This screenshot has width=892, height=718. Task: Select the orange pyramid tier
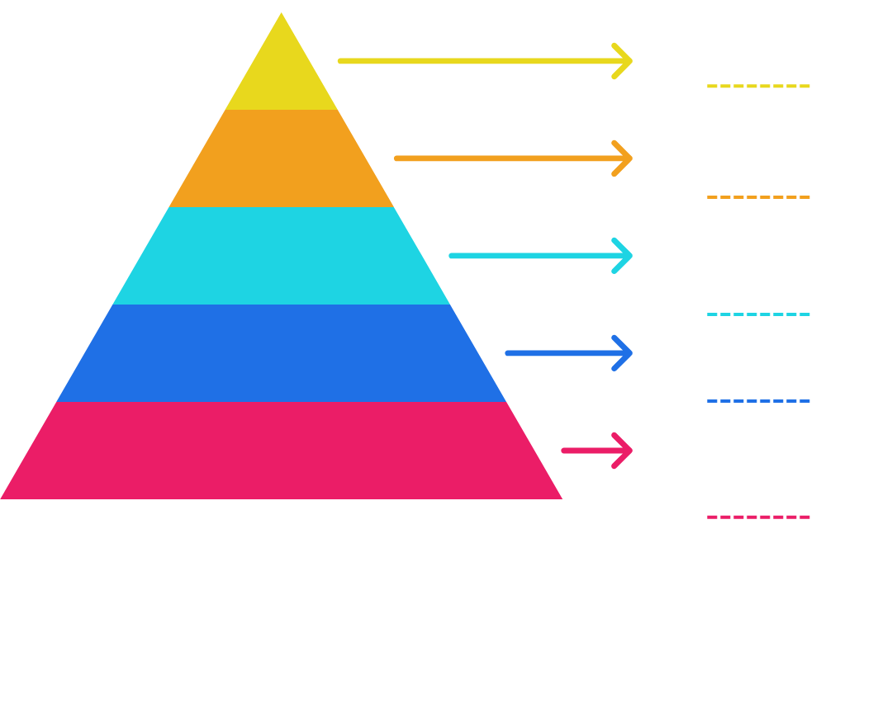click(282, 159)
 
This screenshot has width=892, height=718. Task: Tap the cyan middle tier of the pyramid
click(282, 257)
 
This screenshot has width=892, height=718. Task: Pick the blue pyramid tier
click(282, 354)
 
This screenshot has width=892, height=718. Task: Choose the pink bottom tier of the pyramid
click(282, 451)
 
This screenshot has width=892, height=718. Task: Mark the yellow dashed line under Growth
click(759, 86)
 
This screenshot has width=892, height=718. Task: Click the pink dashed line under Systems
click(759, 517)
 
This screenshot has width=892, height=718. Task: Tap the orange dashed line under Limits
click(759, 197)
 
